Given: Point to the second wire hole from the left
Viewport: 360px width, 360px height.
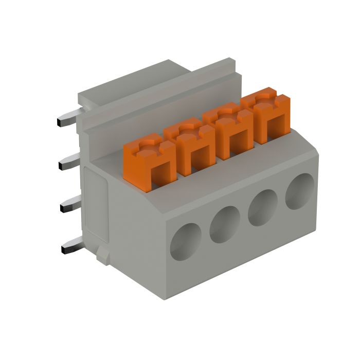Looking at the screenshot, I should (x=225, y=224).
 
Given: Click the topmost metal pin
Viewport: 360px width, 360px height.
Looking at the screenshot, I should (x=67, y=119).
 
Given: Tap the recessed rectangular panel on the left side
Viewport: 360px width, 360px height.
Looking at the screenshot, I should (x=96, y=206).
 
